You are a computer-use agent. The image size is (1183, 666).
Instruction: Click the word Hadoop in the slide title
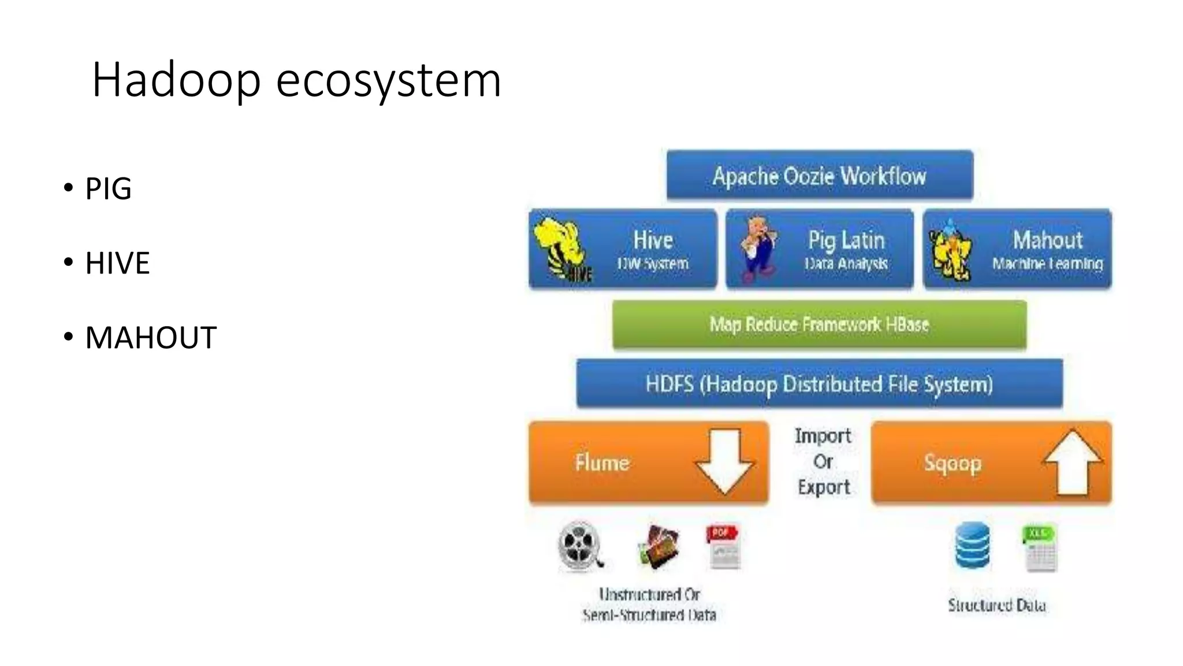pos(176,80)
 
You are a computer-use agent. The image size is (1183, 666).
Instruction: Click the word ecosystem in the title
pos(388,81)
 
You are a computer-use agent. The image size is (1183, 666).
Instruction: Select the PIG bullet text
pos(109,188)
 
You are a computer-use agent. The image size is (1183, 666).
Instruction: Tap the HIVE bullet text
pos(117,263)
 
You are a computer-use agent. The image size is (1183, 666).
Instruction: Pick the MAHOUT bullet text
pos(151,338)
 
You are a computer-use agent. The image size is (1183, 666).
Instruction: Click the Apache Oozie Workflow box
pos(819,176)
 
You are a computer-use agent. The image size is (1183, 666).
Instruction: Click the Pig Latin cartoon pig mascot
pos(758,249)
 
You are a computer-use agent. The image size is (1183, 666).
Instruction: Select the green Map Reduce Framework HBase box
pos(819,324)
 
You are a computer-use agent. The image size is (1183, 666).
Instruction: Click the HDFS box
pos(819,384)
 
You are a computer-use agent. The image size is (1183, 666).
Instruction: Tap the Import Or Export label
pos(823,461)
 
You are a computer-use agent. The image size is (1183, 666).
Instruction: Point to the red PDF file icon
pos(723,546)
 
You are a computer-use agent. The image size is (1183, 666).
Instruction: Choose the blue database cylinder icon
pos(972,545)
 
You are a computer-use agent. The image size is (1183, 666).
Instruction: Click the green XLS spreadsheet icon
pos(1040,547)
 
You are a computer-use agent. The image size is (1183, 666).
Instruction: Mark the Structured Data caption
pos(996,605)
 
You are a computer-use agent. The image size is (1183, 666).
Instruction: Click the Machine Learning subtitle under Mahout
pos(1047,264)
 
